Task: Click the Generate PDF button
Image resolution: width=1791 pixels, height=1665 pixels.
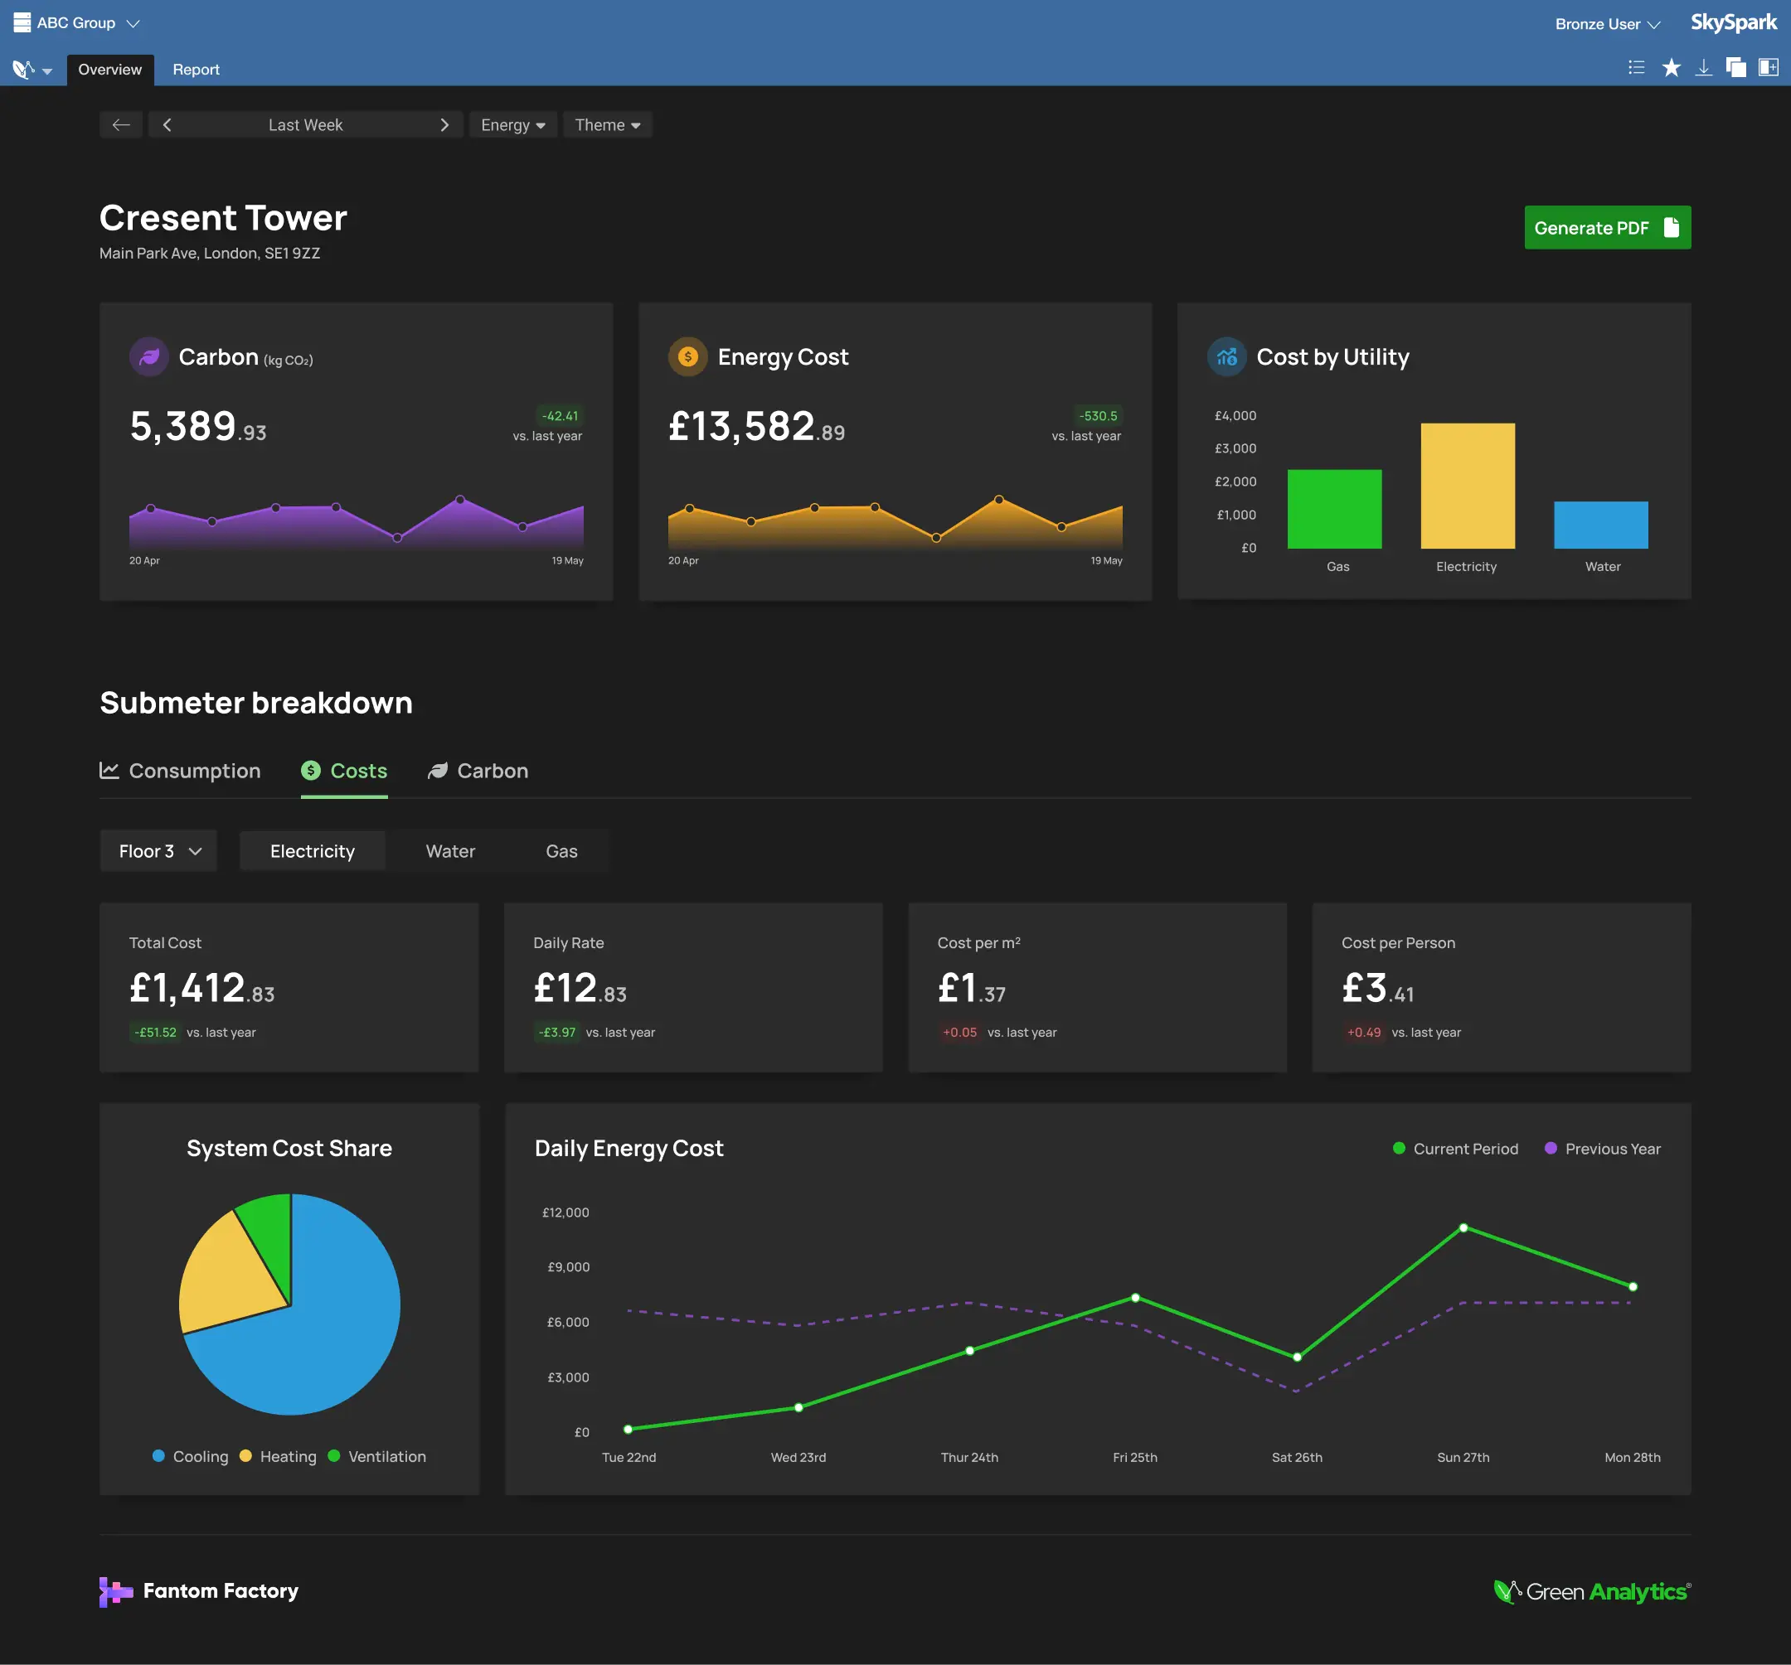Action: tap(1606, 228)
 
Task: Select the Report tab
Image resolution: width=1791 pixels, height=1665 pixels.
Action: tap(196, 70)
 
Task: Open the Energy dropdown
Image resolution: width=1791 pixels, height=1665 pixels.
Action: tap(512, 125)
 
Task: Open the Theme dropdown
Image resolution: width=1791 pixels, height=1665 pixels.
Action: tap(607, 125)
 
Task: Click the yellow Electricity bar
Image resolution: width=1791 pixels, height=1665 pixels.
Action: tap(1467, 486)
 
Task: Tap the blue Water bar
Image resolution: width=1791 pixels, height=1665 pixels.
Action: tap(1600, 525)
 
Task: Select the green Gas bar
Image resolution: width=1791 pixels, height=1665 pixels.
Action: tap(1333, 509)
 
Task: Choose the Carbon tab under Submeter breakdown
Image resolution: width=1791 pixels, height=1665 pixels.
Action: tap(478, 771)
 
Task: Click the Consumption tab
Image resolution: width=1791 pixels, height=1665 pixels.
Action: tap(180, 771)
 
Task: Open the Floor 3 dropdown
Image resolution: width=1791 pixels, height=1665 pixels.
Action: tap(158, 851)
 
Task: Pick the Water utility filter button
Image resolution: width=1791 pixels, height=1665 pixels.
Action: tap(449, 851)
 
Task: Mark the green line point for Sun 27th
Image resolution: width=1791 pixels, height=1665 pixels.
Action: tap(1463, 1228)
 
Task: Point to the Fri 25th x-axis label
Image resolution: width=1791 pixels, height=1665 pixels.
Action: tap(1134, 1457)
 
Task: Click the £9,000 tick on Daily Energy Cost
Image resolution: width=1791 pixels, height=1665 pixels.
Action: tap(568, 1267)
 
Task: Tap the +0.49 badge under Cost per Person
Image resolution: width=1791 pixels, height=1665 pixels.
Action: tap(1363, 1033)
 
